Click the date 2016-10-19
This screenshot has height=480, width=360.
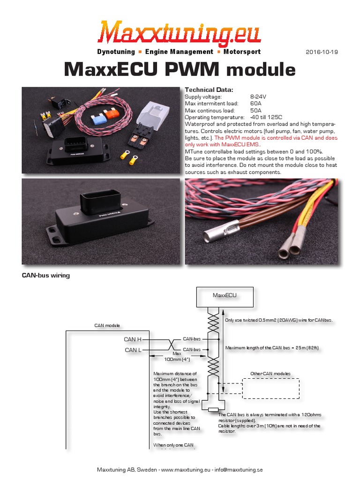tap(322, 52)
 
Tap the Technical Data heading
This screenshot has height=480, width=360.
tap(209, 90)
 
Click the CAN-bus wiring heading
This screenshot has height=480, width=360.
tap(46, 276)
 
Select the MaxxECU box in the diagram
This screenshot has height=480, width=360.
tap(225, 296)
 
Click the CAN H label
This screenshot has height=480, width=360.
tap(133, 339)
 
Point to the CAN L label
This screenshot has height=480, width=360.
tap(133, 350)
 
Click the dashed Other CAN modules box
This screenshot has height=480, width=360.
tap(270, 387)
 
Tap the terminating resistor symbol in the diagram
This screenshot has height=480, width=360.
tap(214, 410)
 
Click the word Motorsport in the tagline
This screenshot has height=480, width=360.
tap(242, 52)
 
